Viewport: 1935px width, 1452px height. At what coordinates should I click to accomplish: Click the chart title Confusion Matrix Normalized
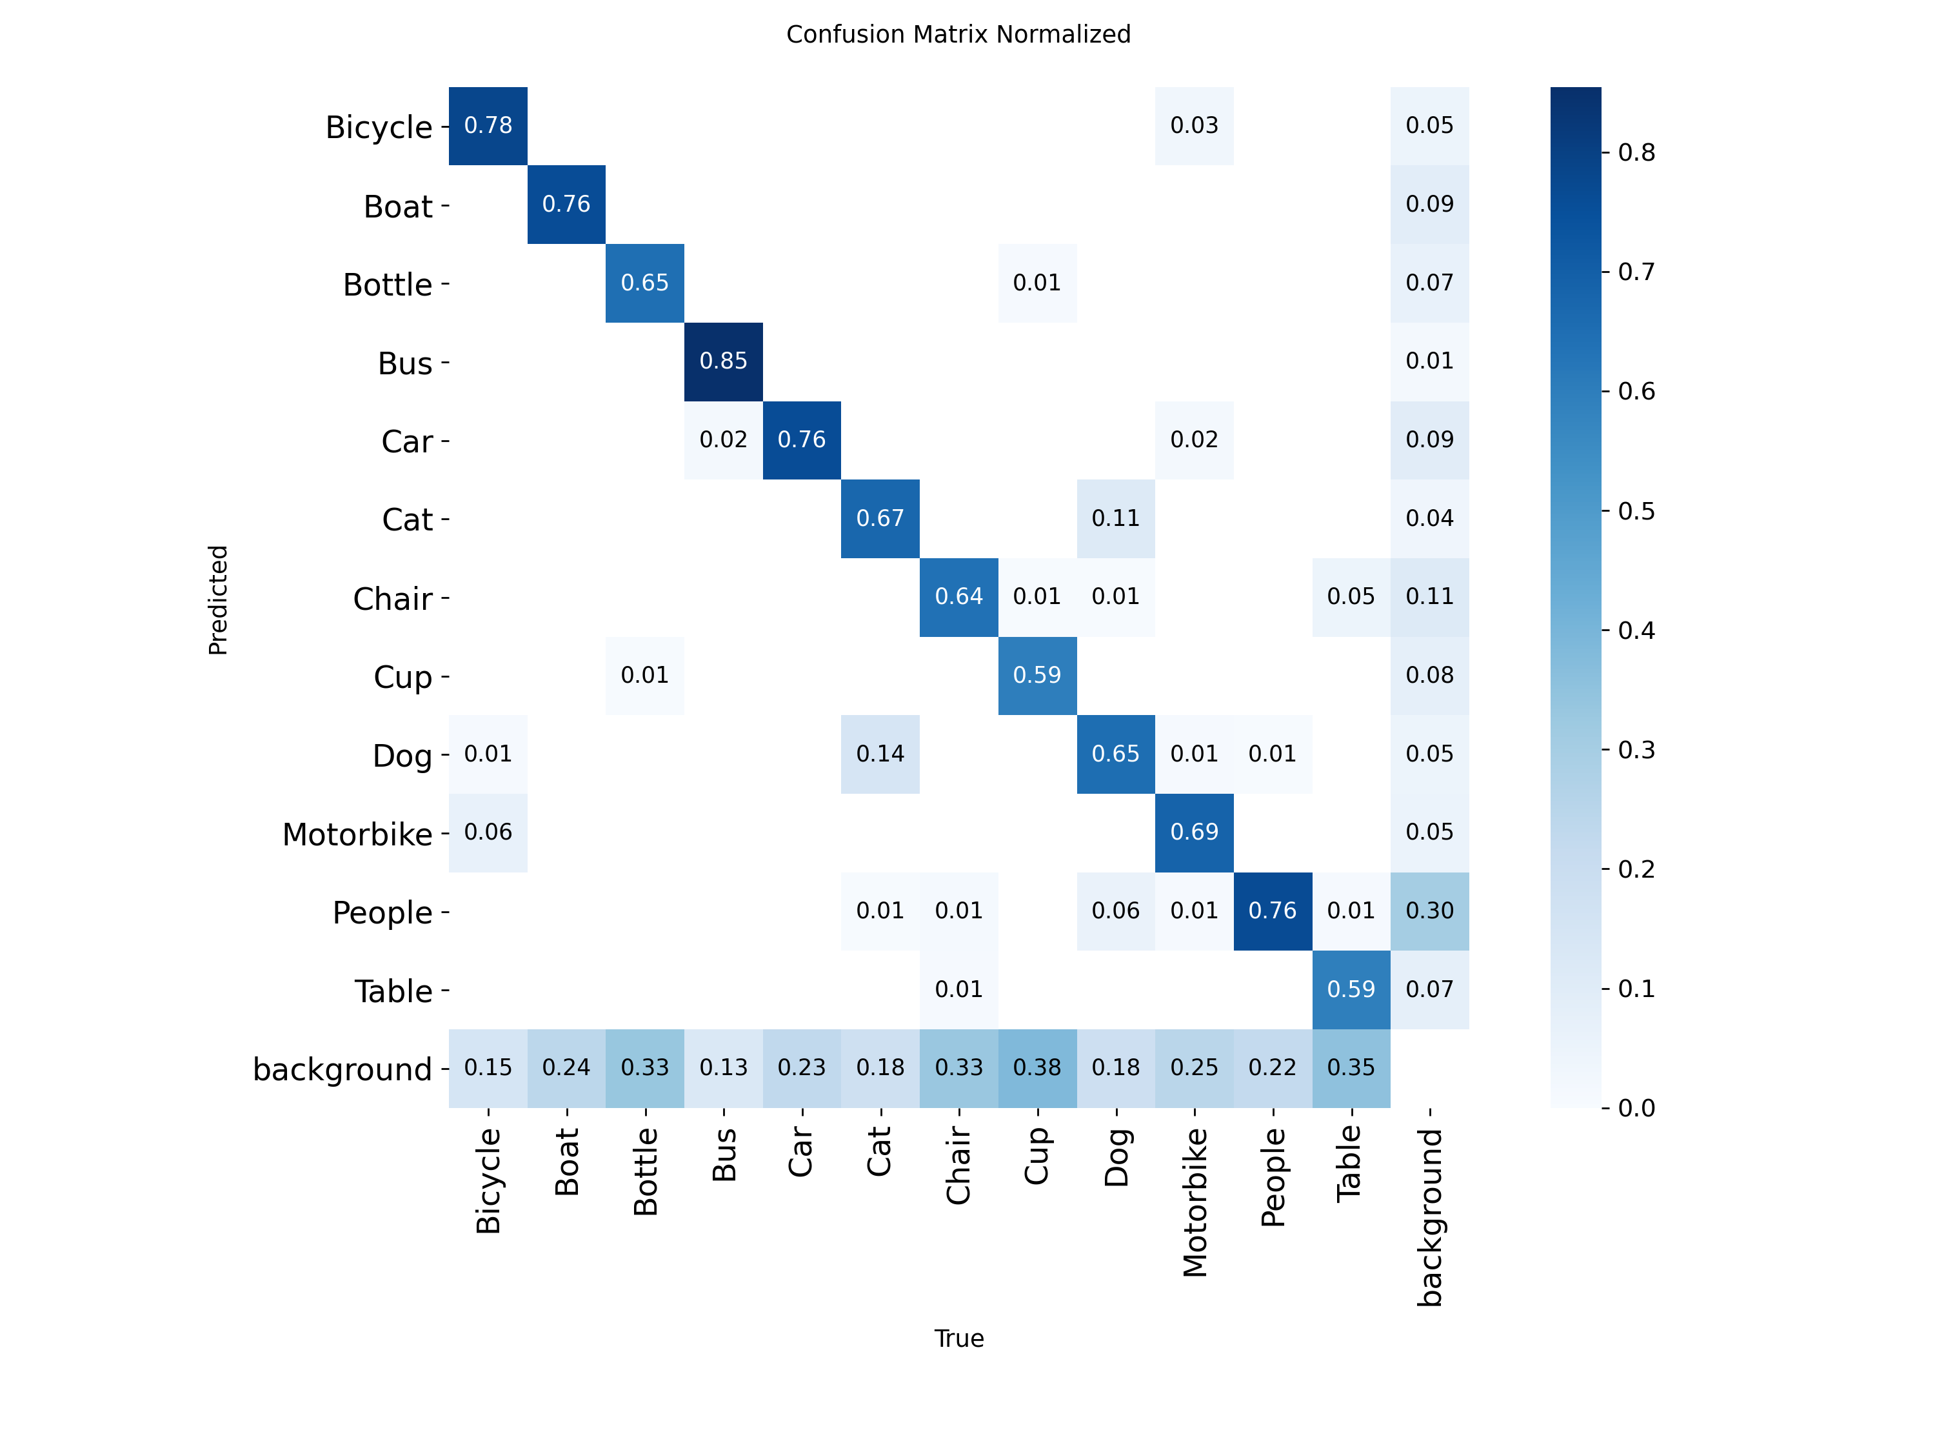[958, 34]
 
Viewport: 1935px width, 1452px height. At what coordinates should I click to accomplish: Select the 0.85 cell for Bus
[724, 361]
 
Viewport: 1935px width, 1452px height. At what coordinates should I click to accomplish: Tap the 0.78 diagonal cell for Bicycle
[488, 126]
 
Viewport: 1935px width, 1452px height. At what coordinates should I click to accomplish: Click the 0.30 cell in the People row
[1429, 911]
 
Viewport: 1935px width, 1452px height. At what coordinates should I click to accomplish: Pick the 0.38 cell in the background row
[1037, 1068]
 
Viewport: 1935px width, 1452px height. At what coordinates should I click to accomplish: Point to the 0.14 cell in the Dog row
[880, 754]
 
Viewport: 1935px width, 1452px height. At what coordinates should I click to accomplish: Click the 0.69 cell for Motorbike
[1194, 832]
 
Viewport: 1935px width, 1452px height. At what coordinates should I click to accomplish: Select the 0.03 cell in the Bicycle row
[1194, 126]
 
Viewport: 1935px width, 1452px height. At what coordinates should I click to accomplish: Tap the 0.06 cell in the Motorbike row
[488, 832]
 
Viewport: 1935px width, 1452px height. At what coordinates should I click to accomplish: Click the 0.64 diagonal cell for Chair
[958, 597]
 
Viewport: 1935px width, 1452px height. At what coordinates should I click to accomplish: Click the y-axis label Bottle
[388, 285]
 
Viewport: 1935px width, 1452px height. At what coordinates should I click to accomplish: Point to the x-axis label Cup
[1037, 1155]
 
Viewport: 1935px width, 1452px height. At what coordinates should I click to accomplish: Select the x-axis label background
[1429, 1216]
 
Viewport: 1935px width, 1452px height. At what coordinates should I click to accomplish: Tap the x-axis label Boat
[567, 1162]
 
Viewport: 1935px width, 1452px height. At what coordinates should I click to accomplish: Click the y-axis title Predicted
[218, 600]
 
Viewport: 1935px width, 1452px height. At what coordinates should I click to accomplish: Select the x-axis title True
[958, 1338]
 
